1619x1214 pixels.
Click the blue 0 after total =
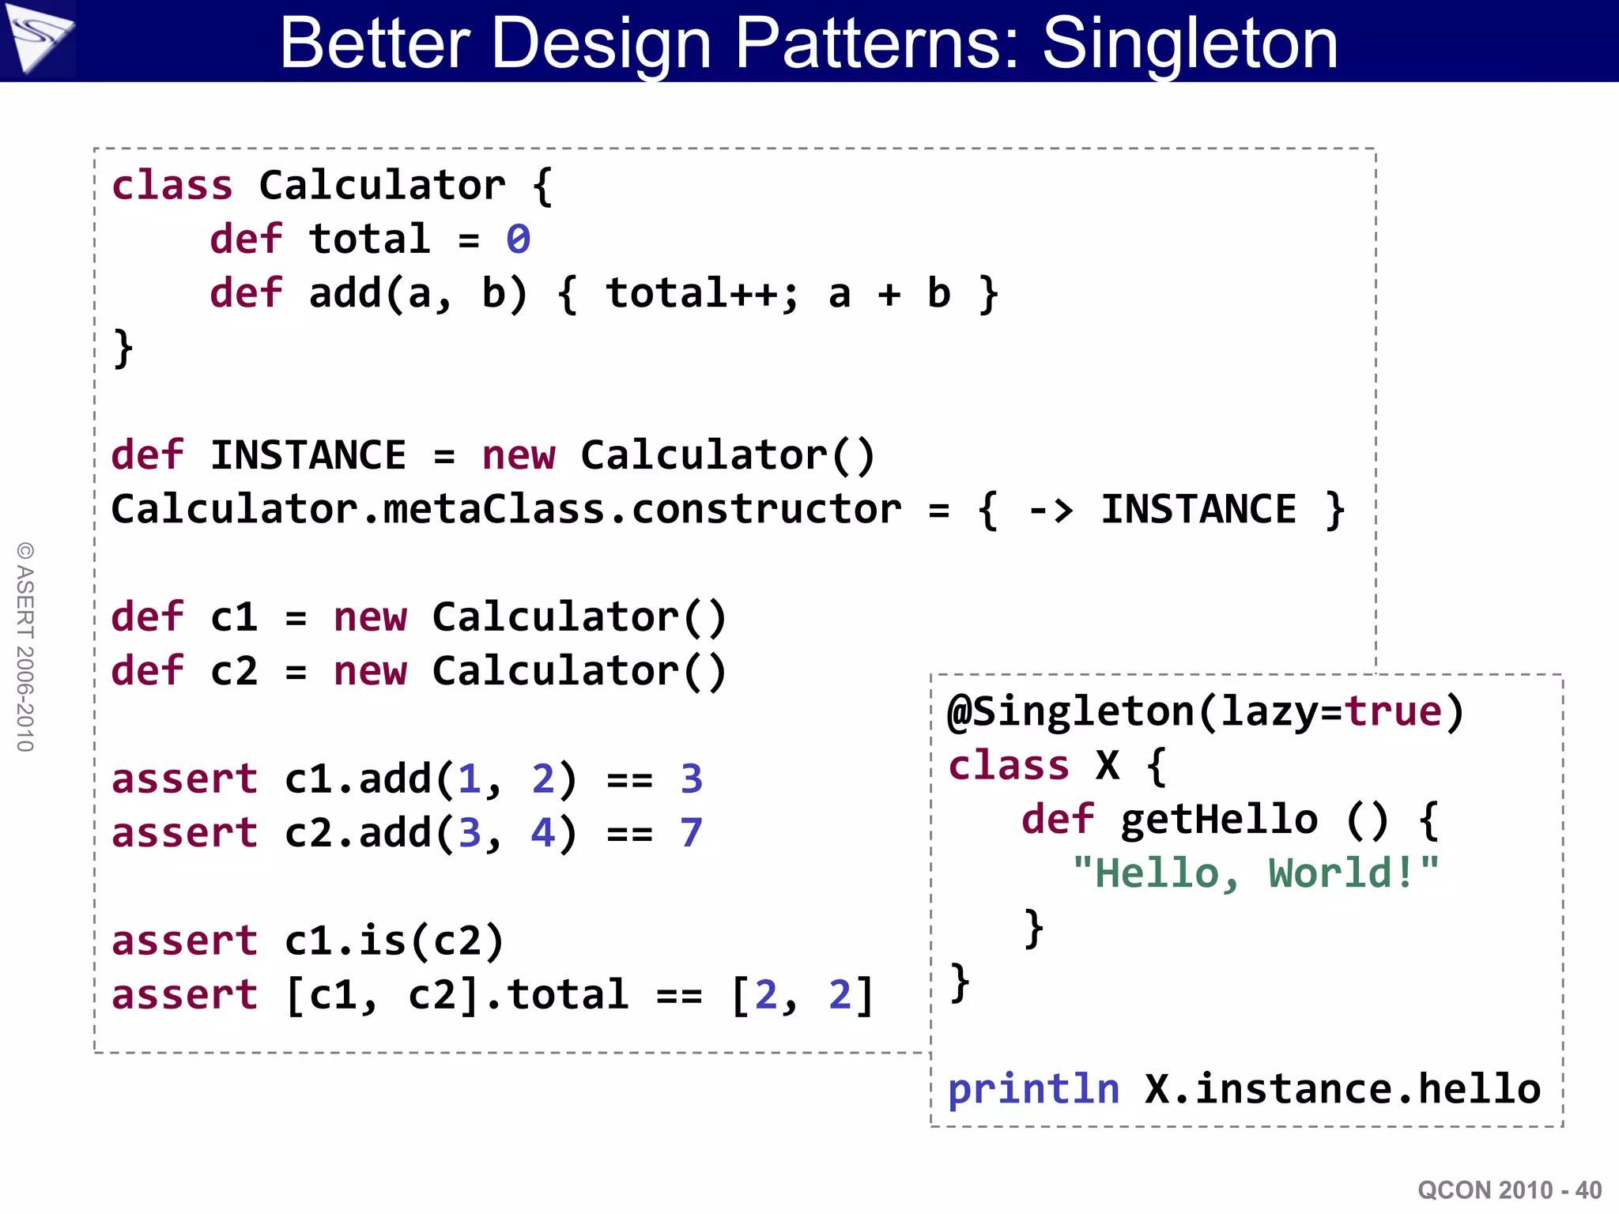pos(519,239)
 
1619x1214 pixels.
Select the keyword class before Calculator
pos(172,186)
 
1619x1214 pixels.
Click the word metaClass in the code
pos(495,510)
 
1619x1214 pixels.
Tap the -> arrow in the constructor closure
pos(1051,511)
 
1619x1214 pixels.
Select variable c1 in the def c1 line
pos(234,617)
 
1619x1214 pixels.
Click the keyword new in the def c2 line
pos(370,672)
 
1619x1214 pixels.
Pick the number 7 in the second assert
pos(691,833)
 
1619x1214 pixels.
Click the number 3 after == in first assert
pos(691,779)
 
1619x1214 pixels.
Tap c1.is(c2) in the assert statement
pos(394,941)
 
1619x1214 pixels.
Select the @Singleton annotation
pos(1070,711)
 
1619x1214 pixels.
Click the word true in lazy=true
pos(1394,711)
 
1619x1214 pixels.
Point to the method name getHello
pos(1219,820)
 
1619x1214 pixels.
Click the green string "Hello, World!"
pos(1255,874)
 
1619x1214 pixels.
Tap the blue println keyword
pos(1034,1090)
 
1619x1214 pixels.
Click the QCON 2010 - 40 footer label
pos(1509,1189)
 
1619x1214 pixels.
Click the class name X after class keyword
pos(1108,765)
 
